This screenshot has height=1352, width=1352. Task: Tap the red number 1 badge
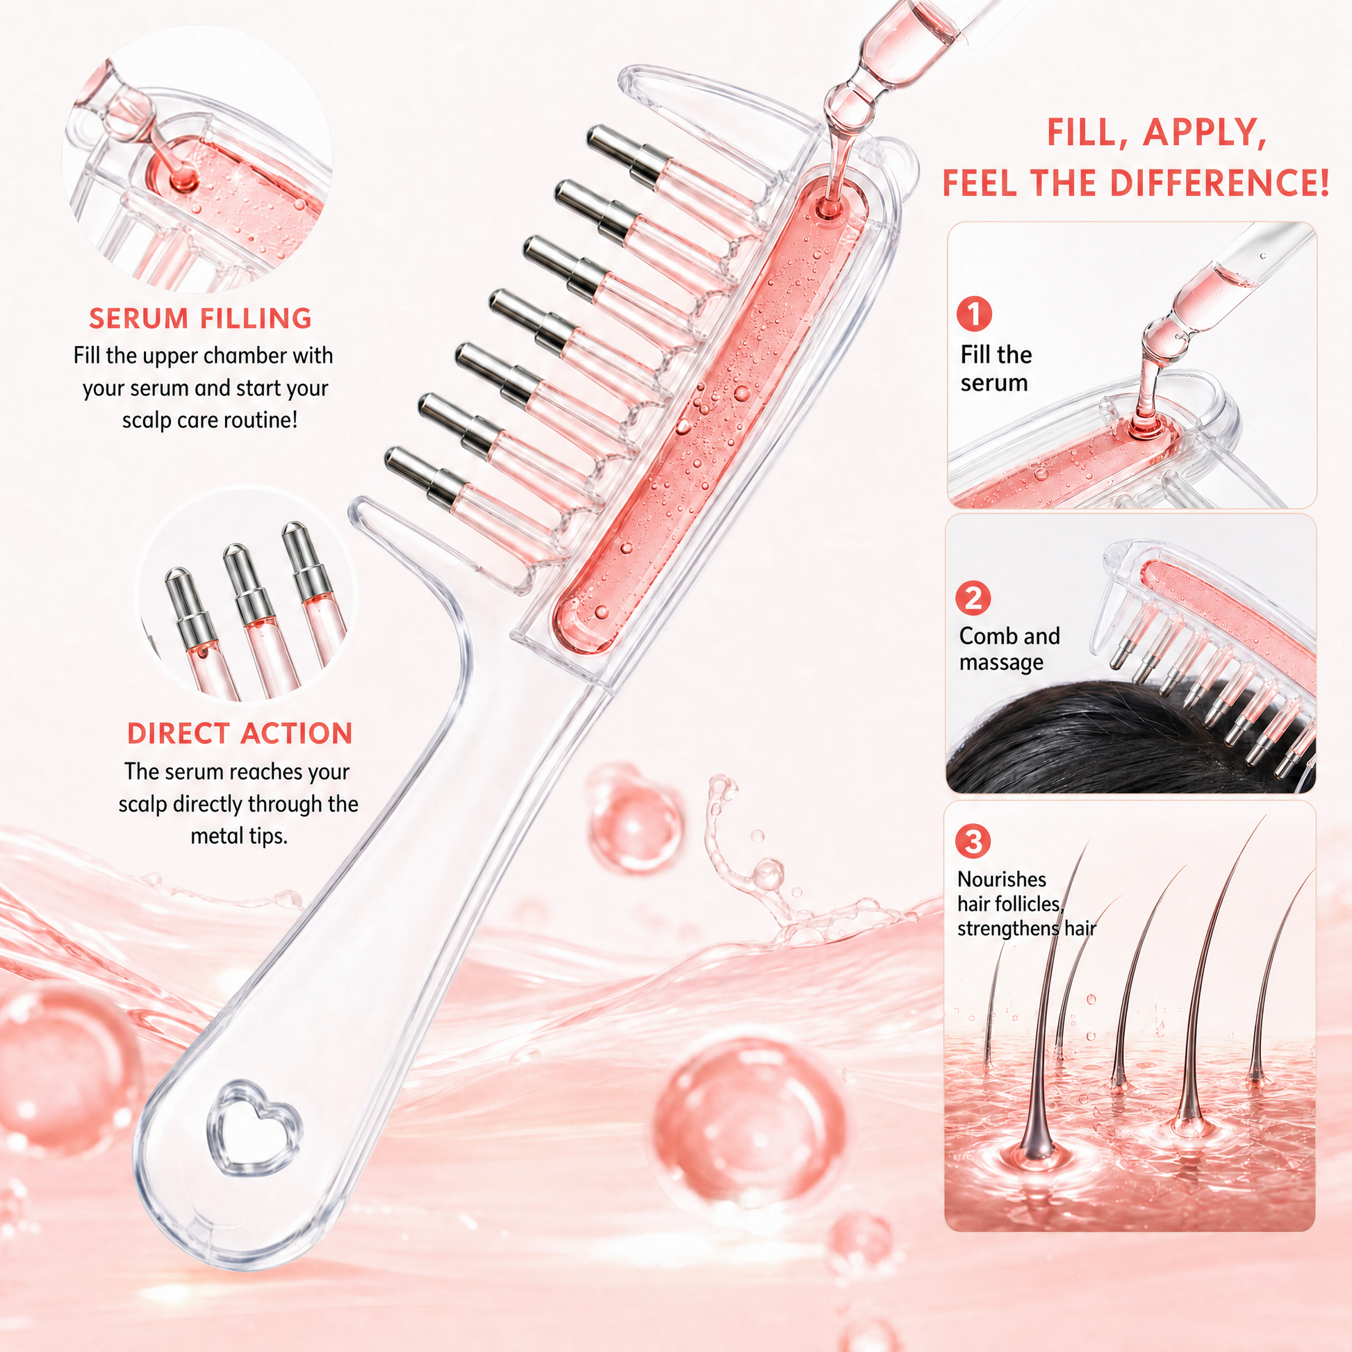click(974, 313)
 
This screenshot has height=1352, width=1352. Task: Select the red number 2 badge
click(973, 598)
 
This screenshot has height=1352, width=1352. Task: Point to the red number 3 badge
click(973, 841)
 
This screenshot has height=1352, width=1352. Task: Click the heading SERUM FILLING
click(200, 318)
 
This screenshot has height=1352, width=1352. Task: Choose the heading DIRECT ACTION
click(240, 734)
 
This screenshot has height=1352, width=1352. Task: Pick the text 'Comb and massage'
click(1009, 649)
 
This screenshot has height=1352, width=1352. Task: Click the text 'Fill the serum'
click(996, 369)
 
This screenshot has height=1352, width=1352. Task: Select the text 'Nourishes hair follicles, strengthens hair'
click(1026, 903)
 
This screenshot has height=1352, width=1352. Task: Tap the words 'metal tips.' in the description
click(239, 836)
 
